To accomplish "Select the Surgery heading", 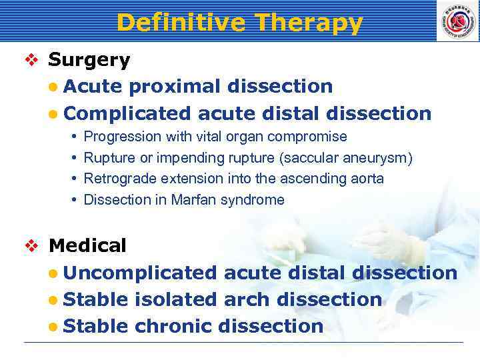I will [89, 60].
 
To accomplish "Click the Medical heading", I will [87, 246].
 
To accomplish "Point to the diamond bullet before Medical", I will [33, 246].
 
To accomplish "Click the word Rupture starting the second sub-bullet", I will [109, 158].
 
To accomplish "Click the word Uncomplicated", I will [141, 273].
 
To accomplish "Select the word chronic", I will [173, 326].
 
